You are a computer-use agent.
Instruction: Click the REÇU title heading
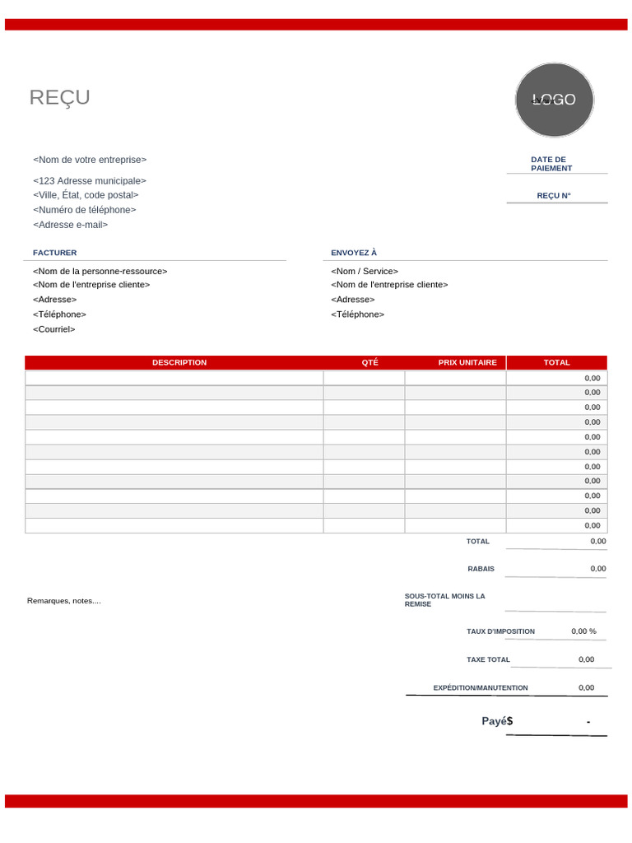(x=60, y=98)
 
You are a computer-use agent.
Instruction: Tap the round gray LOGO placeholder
(x=554, y=100)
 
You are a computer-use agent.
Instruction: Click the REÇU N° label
(x=553, y=196)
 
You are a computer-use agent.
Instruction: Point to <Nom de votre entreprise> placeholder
(x=90, y=160)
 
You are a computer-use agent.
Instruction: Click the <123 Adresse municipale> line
(x=90, y=181)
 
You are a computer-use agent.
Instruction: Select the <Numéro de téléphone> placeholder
(x=84, y=210)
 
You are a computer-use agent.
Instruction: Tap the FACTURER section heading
(x=54, y=253)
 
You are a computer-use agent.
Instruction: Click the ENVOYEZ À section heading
(x=354, y=253)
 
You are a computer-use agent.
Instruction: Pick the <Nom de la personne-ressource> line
(x=100, y=271)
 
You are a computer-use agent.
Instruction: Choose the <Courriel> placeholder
(x=53, y=329)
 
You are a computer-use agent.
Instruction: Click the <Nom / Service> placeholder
(x=365, y=271)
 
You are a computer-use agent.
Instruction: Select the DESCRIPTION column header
(x=179, y=362)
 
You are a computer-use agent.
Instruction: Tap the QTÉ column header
(x=369, y=362)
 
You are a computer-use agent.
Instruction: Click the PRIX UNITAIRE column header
(x=467, y=362)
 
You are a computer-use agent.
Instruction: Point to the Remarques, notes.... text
(x=64, y=601)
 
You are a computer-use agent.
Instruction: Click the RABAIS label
(x=481, y=569)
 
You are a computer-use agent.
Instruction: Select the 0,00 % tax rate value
(x=583, y=631)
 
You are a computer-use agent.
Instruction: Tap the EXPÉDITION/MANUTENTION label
(x=481, y=687)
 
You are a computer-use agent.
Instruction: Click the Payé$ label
(x=497, y=721)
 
